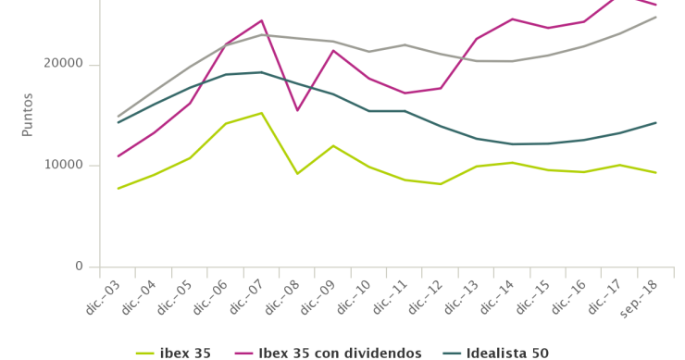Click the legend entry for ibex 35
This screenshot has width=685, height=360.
(185, 353)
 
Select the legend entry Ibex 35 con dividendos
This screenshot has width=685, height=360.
(339, 353)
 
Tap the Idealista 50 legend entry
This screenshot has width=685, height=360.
(507, 353)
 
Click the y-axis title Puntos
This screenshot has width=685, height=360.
(28, 115)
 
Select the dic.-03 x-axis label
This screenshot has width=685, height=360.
(104, 300)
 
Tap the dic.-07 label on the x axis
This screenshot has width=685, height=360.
(246, 300)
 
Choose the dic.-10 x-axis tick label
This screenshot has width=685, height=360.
(354, 300)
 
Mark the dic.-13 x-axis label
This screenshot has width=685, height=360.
(461, 300)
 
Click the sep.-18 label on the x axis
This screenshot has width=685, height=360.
(640, 300)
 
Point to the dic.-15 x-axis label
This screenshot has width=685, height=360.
(532, 300)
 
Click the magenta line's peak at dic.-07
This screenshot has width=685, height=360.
(261, 20)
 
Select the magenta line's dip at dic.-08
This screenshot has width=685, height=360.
(297, 110)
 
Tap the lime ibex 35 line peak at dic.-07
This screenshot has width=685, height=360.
(261, 113)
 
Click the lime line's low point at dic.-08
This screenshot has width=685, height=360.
(297, 173)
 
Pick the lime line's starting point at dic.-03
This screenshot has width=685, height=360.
(118, 188)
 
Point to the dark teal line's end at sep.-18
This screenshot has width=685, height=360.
(655, 122)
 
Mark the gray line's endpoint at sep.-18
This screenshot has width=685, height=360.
(655, 17)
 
